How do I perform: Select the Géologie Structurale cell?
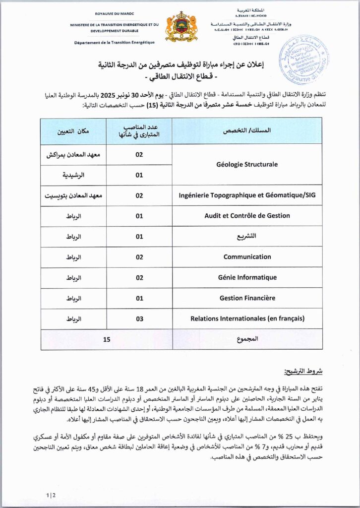(x=247, y=164)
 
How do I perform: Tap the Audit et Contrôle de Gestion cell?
(x=247, y=216)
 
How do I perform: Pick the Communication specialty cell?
(x=247, y=257)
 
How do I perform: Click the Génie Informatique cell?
(x=247, y=277)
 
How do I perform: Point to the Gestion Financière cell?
(x=247, y=298)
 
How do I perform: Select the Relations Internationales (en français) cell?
(x=247, y=318)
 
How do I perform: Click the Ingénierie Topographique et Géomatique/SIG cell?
(x=247, y=195)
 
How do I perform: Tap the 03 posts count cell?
(x=139, y=318)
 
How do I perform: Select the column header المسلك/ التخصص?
(x=247, y=131)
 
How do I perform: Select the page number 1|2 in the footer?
(x=51, y=495)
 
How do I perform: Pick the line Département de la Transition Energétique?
(x=114, y=42)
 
